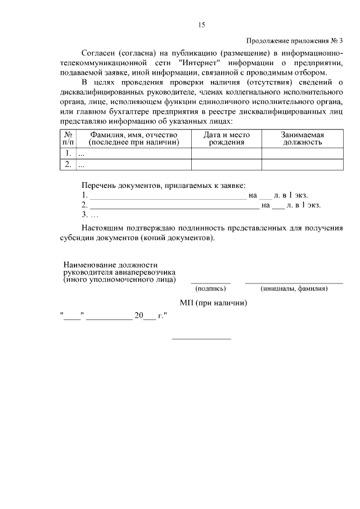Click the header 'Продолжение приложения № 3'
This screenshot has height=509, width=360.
294,40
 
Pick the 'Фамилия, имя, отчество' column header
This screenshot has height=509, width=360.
133,139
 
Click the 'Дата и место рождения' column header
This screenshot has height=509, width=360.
226,139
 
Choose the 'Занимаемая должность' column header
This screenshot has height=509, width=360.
301,139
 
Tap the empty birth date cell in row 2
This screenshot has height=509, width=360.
226,165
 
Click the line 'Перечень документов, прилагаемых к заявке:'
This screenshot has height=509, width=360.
163,185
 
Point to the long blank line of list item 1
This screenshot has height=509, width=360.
167,196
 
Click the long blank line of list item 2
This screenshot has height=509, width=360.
174,206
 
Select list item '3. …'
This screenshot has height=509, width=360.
90,215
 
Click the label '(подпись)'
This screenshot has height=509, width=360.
210,289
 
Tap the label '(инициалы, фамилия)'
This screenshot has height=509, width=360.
294,289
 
